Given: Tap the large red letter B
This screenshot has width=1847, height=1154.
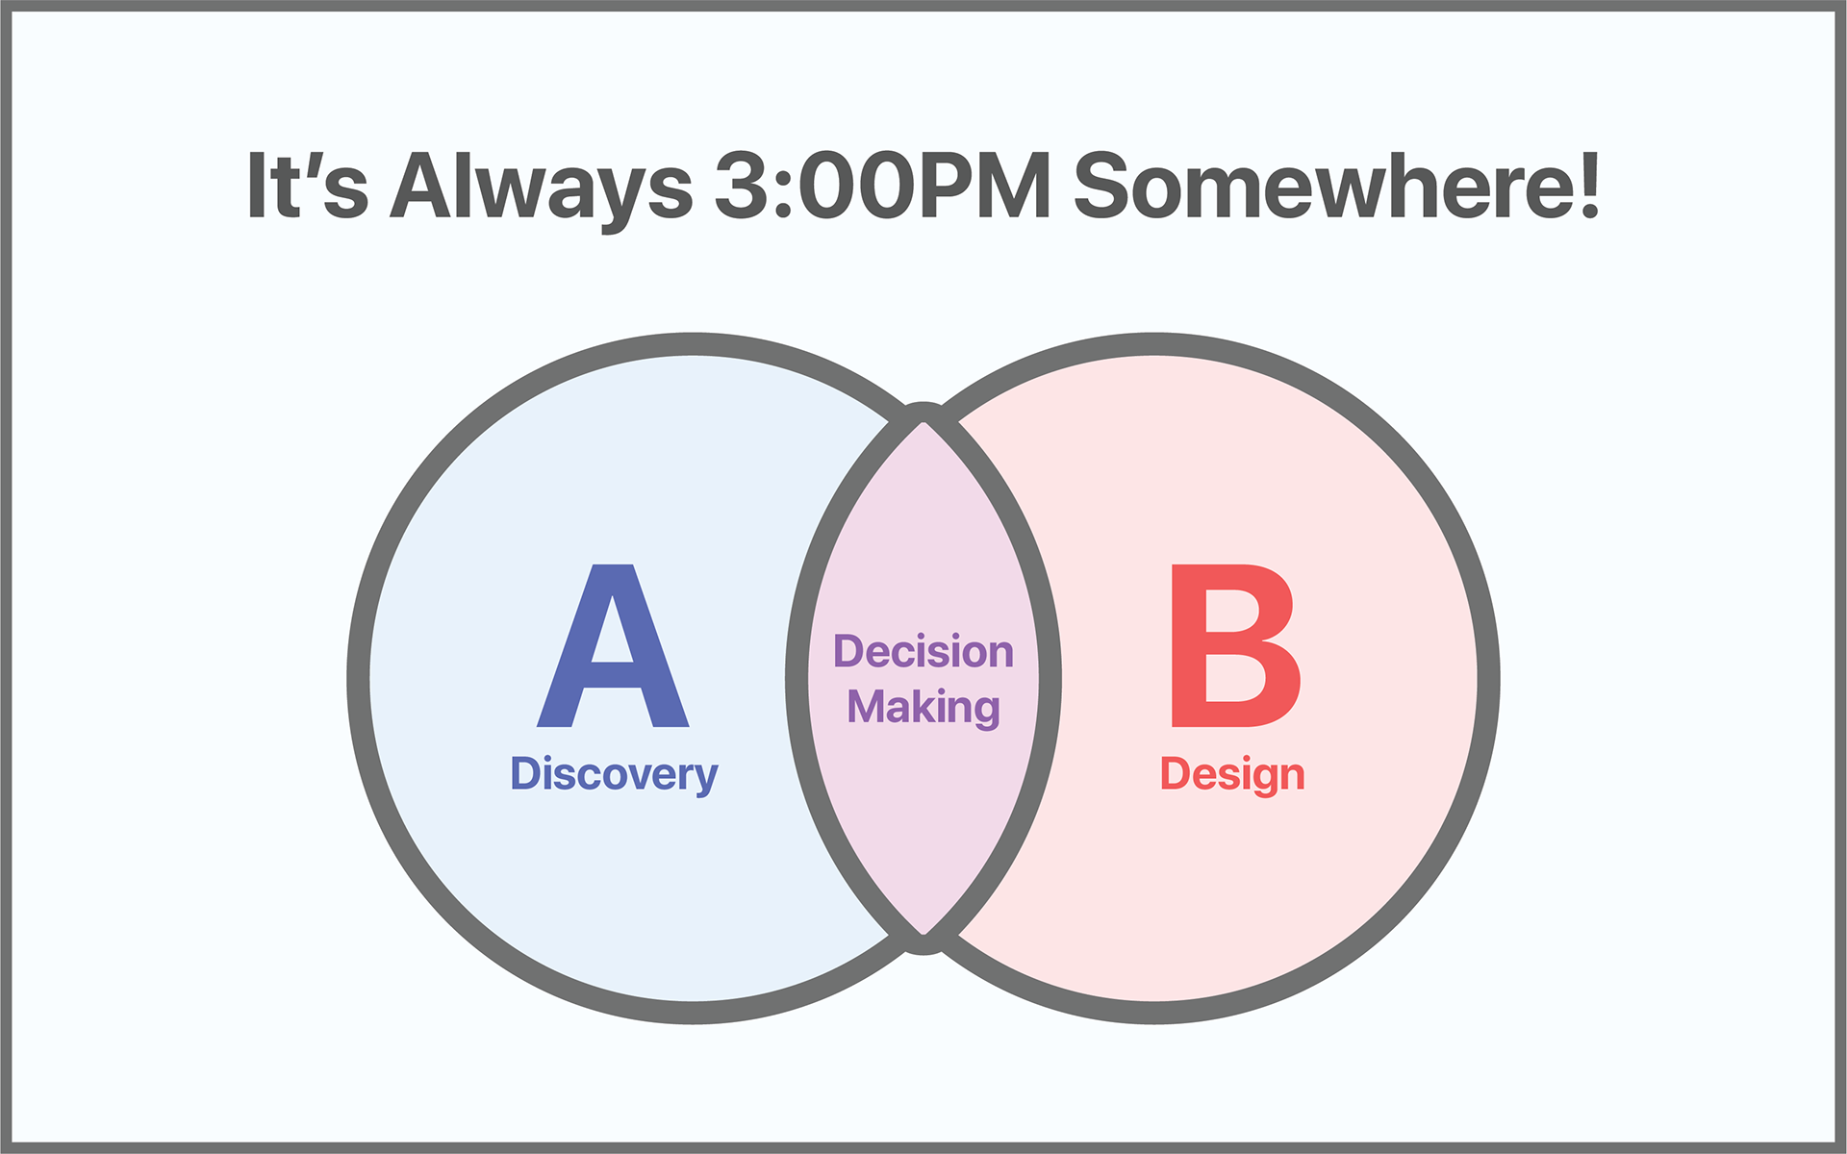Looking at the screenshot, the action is click(1235, 645).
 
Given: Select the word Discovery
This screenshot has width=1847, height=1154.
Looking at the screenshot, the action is click(614, 775).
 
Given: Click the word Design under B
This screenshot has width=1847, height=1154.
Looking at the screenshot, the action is click(1232, 775).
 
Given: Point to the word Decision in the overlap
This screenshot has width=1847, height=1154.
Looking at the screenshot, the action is click(923, 652).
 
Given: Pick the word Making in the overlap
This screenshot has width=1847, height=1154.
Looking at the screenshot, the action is click(923, 708).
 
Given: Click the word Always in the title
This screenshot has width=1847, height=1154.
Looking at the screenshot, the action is click(541, 188).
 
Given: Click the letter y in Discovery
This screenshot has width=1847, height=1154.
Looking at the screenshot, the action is click(707, 780).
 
